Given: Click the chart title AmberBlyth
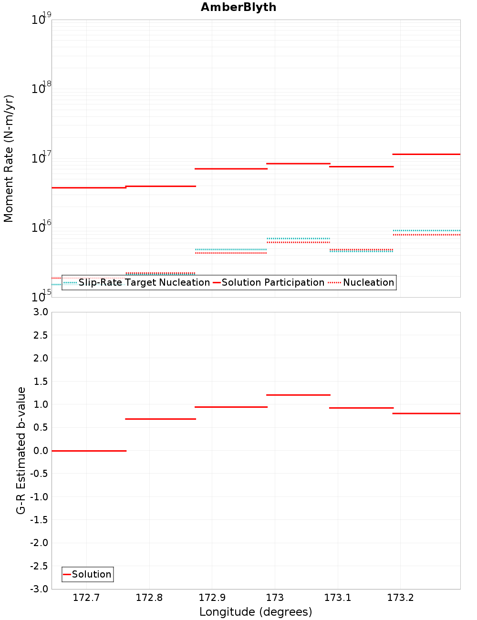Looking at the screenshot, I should [238, 7].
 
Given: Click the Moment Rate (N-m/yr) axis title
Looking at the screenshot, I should [9, 158].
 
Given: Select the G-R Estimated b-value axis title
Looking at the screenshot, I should [21, 450].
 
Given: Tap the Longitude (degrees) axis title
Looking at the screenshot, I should [256, 612].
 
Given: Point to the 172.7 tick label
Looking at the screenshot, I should [86, 598].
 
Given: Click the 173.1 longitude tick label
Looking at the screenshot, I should [337, 598].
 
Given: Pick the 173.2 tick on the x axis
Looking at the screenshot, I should [400, 598].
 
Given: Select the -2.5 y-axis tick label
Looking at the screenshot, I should [40, 566].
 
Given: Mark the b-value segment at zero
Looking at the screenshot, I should [89, 451].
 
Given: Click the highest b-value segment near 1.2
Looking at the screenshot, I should [298, 395].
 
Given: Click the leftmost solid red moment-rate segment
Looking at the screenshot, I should [89, 187].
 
